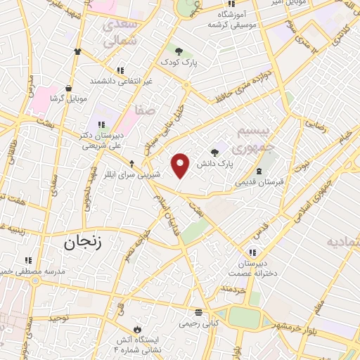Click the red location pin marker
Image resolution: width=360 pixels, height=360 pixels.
tap(181, 165)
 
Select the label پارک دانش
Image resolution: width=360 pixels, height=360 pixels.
tap(214, 164)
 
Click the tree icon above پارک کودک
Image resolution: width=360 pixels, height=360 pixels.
tap(179, 51)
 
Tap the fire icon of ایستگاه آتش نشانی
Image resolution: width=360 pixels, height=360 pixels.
tap(137, 328)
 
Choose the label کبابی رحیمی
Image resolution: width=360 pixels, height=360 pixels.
tap(198, 323)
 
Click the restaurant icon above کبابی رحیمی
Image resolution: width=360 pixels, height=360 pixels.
tap(199, 311)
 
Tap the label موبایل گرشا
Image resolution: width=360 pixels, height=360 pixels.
tap(69, 98)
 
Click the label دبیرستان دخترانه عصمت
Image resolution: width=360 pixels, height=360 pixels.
tap(252, 269)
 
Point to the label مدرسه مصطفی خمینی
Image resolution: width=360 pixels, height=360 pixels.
tap(32, 271)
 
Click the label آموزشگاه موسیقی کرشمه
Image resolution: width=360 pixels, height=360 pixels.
tap(235, 19)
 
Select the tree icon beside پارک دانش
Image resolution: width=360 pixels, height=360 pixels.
tap(215, 152)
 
